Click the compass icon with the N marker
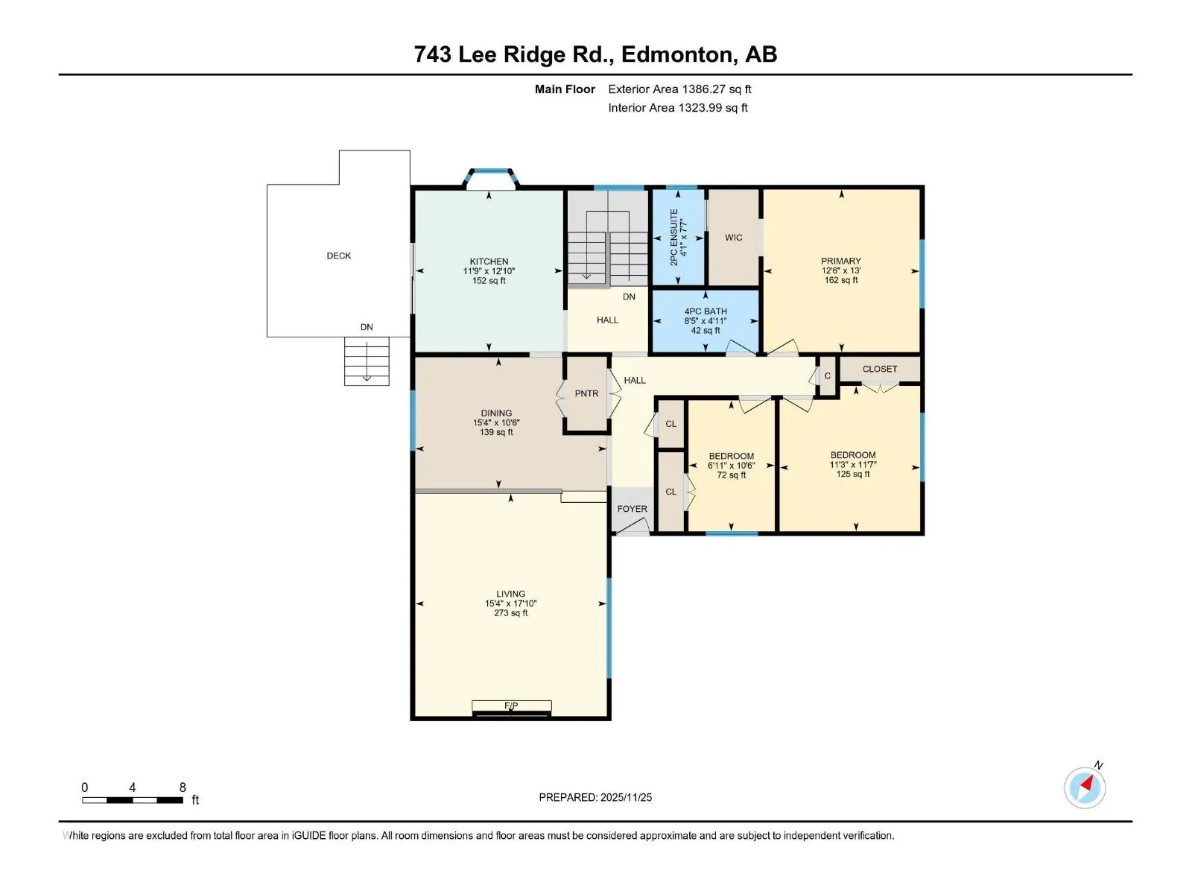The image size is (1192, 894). (1085, 787)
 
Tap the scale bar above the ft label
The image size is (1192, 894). (133, 799)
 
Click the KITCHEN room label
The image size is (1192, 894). (489, 261)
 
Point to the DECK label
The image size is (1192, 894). (339, 256)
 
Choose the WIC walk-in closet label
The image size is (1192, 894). (733, 238)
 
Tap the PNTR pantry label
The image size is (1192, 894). (586, 393)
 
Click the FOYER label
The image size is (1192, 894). (632, 509)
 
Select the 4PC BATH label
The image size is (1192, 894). (706, 311)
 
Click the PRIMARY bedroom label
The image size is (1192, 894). (840, 261)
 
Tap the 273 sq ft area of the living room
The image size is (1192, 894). (510, 613)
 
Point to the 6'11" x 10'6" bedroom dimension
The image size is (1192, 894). (731, 466)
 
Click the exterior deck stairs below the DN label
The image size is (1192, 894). (367, 361)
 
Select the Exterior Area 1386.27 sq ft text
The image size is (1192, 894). (679, 89)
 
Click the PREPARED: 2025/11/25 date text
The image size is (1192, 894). (595, 797)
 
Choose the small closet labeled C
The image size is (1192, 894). (827, 375)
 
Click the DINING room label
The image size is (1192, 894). (496, 413)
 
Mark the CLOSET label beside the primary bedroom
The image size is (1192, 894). (880, 369)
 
